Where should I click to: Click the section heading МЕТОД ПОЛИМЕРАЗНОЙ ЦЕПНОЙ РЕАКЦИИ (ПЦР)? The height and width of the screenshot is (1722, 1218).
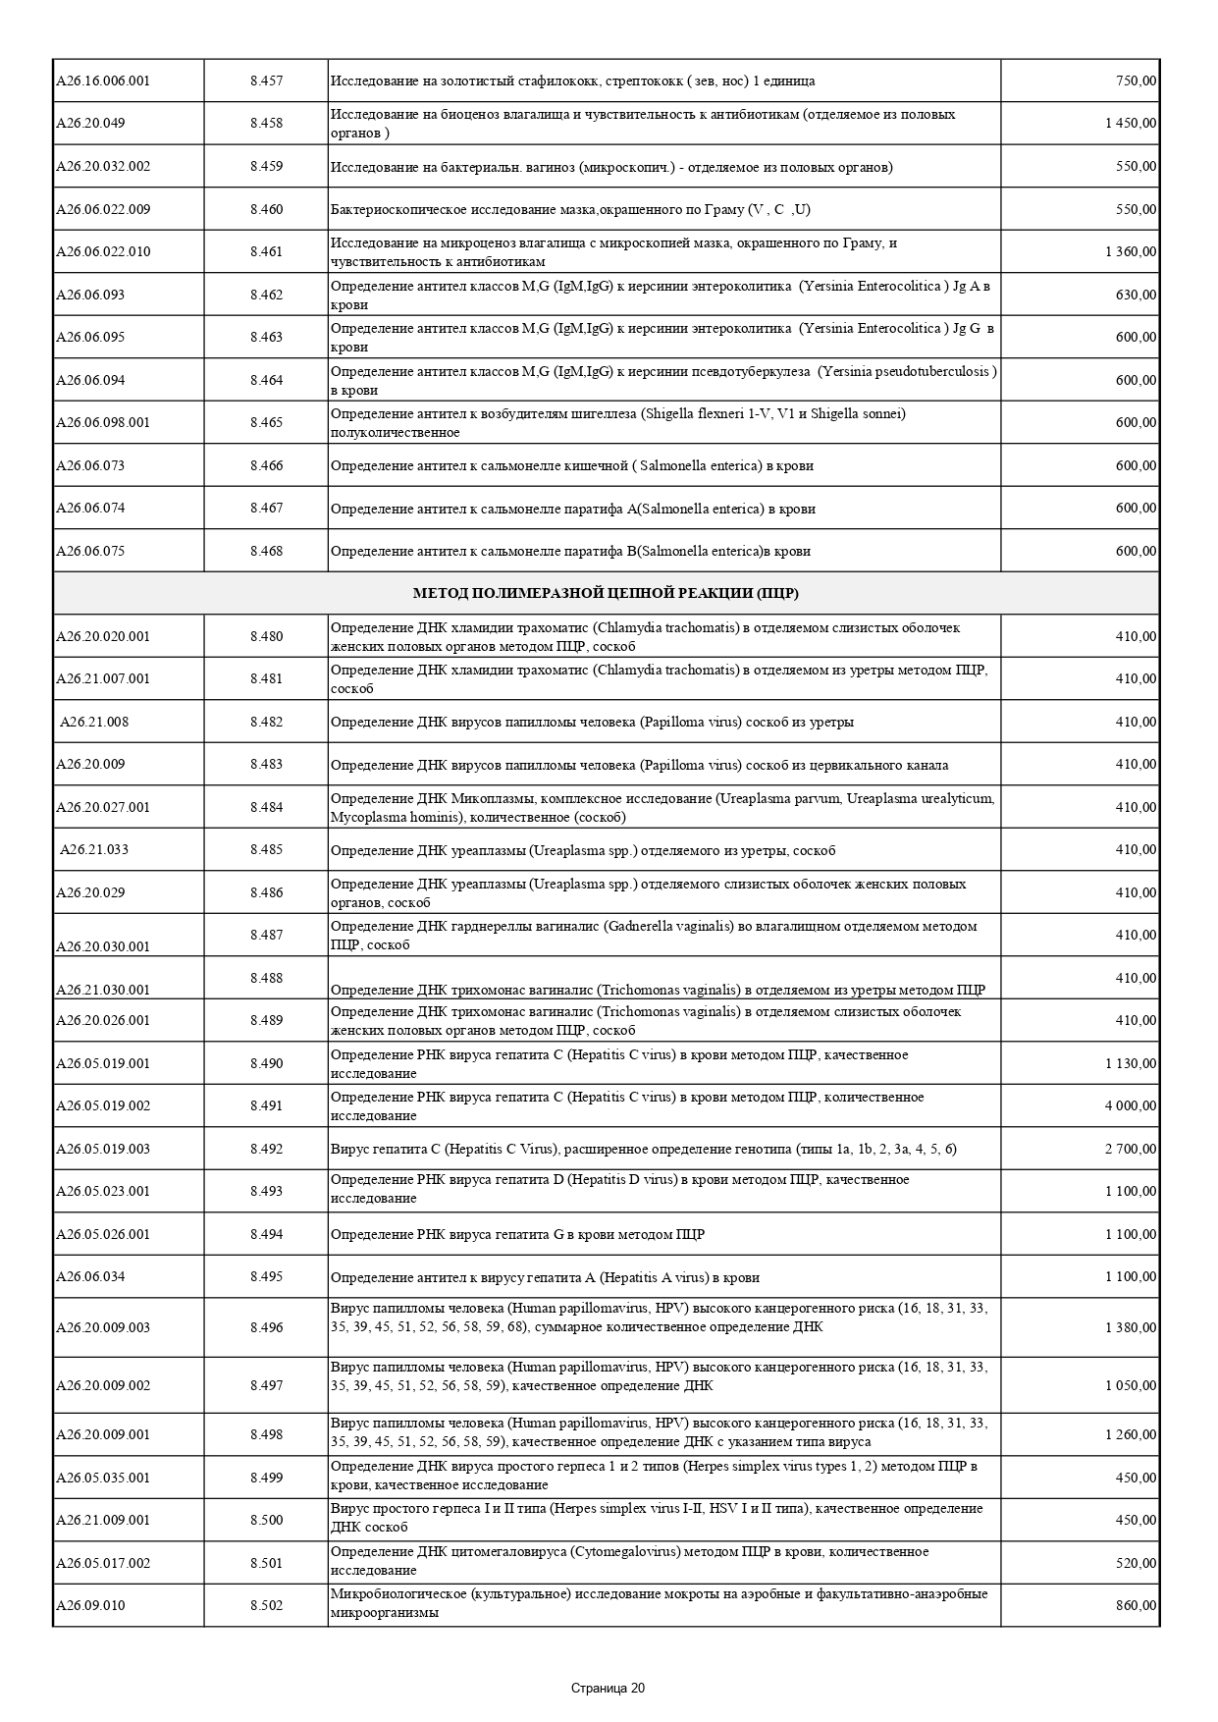[x=606, y=593]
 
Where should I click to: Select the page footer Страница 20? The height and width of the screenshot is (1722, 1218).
[x=609, y=1689]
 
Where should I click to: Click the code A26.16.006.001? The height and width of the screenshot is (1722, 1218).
[x=103, y=81]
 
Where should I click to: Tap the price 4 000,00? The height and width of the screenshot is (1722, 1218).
[x=1131, y=1105]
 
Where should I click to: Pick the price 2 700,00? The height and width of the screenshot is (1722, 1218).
[x=1131, y=1149]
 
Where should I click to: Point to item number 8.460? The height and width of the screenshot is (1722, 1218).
[x=266, y=209]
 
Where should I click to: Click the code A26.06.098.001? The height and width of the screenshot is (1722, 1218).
[x=103, y=422]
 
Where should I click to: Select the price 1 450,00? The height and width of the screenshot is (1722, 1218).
[x=1131, y=123]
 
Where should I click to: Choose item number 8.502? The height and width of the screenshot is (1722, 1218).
[x=266, y=1605]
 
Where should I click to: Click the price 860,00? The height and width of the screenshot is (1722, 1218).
[x=1137, y=1605]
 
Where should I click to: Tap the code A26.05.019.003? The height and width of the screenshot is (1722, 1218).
[x=103, y=1149]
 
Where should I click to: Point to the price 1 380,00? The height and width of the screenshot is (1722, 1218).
[x=1131, y=1327]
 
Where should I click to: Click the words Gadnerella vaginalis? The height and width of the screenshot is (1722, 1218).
[x=668, y=926]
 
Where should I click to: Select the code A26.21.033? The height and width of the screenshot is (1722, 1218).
[x=94, y=849]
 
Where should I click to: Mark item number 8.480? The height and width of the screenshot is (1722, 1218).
[x=266, y=636]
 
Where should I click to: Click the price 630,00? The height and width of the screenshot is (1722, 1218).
[x=1137, y=295]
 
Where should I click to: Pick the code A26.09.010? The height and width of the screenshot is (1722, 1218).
[x=90, y=1605]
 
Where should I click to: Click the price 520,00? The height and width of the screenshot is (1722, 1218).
[x=1137, y=1562]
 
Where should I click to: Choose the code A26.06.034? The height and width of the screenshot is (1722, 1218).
[x=90, y=1276]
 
